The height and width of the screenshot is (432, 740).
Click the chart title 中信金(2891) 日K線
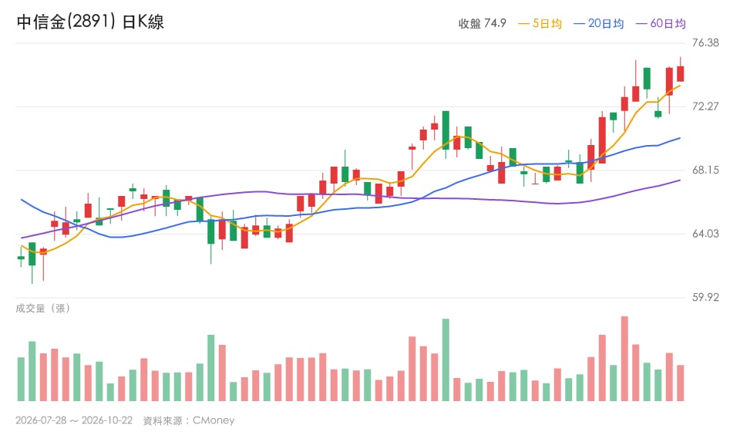[x=90, y=22]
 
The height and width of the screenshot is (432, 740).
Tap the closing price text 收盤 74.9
[x=482, y=24]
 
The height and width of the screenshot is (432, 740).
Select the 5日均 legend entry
[x=540, y=24]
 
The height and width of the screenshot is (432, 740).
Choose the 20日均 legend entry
[x=598, y=24]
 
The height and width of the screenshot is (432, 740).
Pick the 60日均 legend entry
[x=661, y=24]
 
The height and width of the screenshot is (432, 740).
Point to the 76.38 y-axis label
[x=705, y=42]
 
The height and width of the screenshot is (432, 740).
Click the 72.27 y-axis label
[x=705, y=106]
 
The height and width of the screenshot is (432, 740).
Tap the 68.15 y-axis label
[x=705, y=170]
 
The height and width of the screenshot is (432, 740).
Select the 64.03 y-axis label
[x=705, y=234]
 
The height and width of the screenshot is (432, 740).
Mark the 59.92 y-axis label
[x=705, y=298]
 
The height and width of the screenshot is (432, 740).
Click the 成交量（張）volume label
[x=43, y=309]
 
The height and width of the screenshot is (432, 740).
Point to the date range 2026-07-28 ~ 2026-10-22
[x=74, y=420]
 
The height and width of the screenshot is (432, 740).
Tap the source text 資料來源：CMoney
[x=189, y=420]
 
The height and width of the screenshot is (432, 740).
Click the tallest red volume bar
[x=624, y=359]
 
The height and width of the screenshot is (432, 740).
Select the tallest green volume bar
[x=446, y=359]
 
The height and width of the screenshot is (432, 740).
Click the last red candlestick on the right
[x=680, y=73]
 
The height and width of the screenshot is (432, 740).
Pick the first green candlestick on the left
[x=21, y=258]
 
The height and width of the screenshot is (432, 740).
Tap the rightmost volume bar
[x=680, y=383]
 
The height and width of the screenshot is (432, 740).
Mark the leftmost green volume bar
[x=21, y=379]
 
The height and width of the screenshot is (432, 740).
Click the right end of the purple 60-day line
[x=680, y=180]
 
